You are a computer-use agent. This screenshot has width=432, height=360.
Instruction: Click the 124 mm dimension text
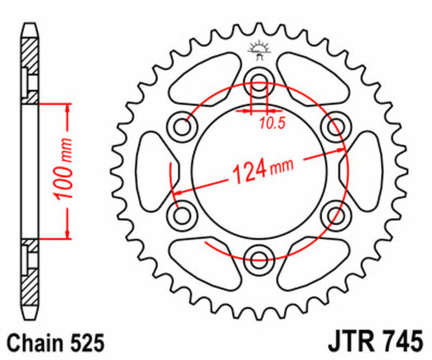[262, 171]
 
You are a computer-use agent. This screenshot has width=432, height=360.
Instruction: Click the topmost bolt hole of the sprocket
[258, 80]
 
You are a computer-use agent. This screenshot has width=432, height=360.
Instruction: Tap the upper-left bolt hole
[182, 125]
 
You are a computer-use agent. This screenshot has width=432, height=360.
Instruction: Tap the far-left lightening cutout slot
[152, 168]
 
